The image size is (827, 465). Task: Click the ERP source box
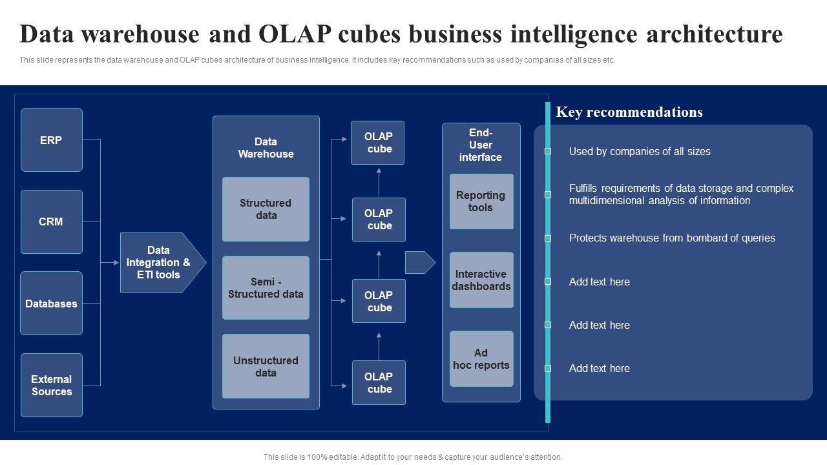click(52, 139)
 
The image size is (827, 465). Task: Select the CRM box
click(52, 222)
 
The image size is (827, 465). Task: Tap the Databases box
click(52, 303)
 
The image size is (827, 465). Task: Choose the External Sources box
click(52, 385)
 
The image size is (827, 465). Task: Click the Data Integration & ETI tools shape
click(160, 262)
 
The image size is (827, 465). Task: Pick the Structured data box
click(266, 209)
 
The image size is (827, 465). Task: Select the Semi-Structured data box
click(266, 287)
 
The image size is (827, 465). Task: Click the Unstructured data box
click(266, 366)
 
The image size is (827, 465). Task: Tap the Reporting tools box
click(481, 201)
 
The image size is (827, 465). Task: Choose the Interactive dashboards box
click(481, 280)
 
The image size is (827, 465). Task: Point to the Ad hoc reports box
click(481, 358)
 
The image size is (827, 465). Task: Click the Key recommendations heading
click(629, 112)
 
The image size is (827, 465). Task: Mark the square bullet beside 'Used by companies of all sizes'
click(548, 151)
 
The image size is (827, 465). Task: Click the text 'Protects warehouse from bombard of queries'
click(672, 238)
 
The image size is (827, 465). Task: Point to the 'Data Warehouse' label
click(266, 148)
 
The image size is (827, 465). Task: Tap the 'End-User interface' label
click(481, 145)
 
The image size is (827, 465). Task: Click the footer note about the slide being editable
click(413, 457)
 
